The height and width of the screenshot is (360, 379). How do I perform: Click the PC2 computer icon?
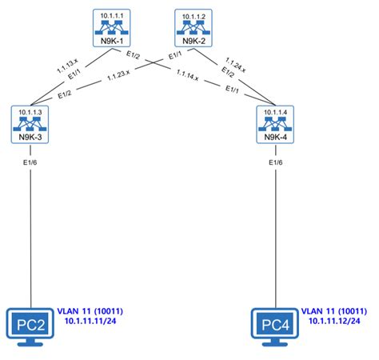(30, 326)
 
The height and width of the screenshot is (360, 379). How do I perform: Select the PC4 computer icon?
(273, 326)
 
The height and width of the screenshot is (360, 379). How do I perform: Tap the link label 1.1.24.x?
(234, 63)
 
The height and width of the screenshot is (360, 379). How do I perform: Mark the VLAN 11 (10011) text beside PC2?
(90, 310)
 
